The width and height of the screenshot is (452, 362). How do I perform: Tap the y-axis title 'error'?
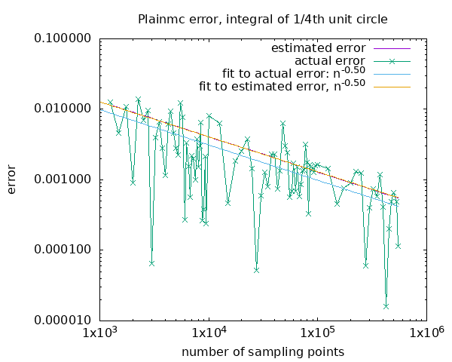coord(13,179)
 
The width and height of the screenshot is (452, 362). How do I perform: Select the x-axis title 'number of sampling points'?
coord(263,352)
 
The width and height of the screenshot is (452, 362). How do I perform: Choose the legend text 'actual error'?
coord(329,60)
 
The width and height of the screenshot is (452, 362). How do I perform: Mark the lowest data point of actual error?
coord(386,306)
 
